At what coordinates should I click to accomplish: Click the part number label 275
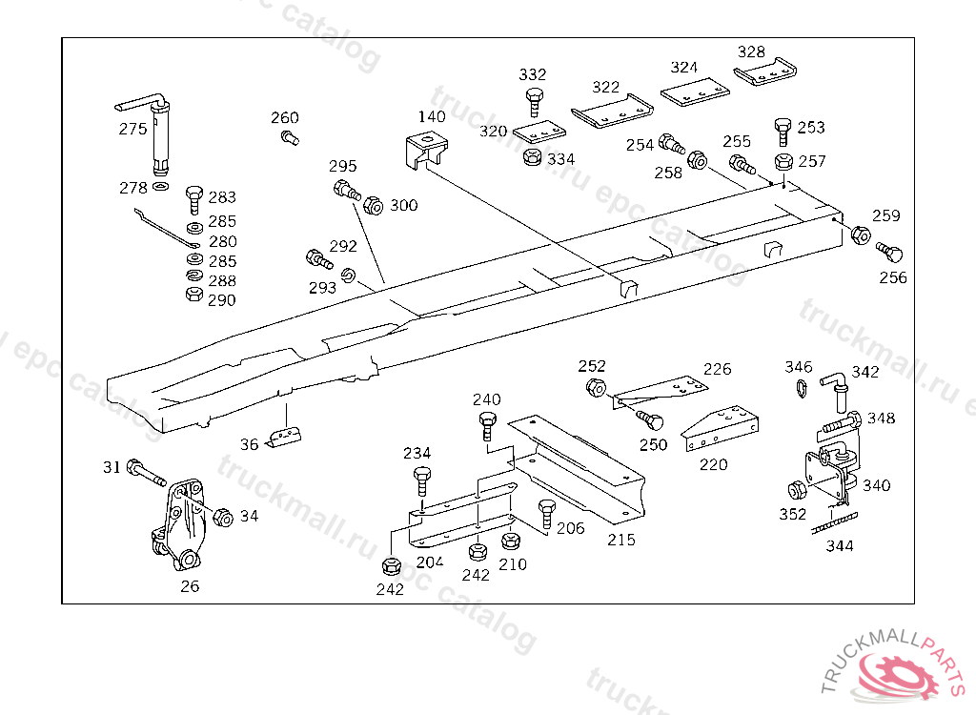click(132, 129)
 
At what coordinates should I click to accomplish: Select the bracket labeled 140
click(428, 153)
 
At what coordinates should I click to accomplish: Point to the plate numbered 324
click(696, 92)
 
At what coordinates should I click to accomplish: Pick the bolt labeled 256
click(889, 254)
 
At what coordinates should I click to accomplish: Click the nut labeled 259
click(860, 235)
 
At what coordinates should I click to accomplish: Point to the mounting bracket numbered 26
click(178, 529)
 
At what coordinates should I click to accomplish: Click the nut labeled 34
click(222, 518)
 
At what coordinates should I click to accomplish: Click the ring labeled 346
click(800, 387)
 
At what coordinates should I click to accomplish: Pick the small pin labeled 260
click(290, 138)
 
